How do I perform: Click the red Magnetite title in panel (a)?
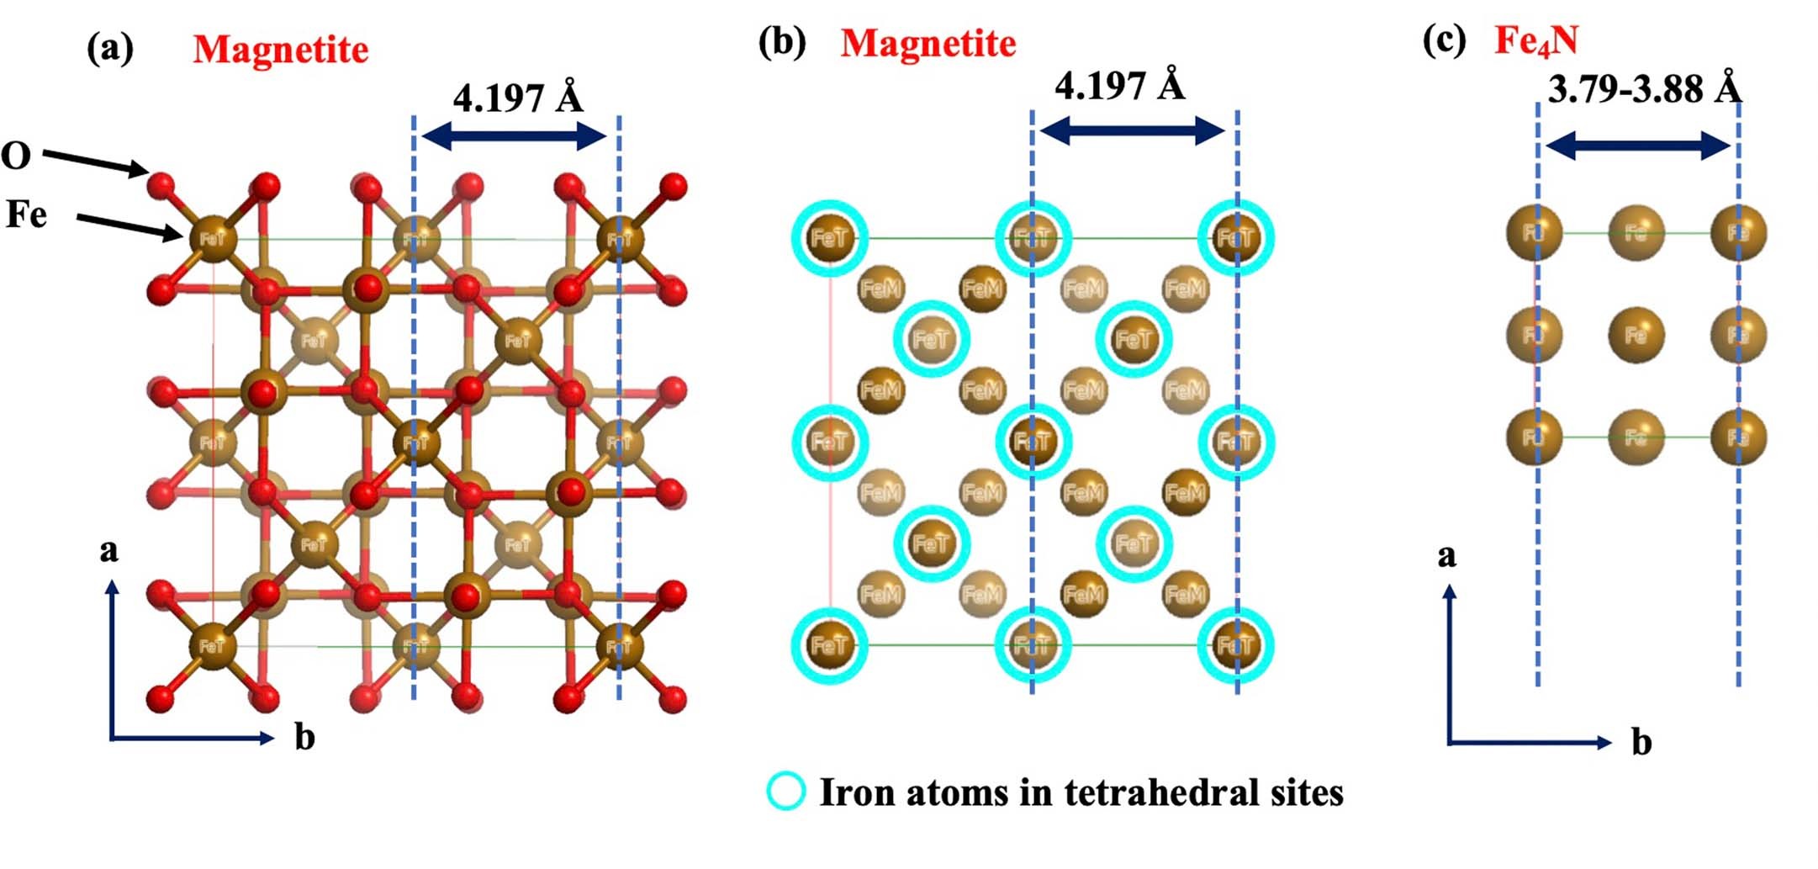281,50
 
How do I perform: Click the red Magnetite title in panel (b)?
928,43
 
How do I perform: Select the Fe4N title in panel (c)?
1536,40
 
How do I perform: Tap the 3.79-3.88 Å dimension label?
1644,89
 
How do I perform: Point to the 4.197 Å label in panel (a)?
517,98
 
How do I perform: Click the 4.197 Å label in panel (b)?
1119,86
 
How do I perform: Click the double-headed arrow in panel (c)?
1638,146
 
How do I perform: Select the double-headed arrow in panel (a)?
514,135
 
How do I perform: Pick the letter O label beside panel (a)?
16,156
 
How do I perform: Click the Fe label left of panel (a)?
26,215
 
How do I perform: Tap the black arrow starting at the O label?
95,162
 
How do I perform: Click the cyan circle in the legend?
786,792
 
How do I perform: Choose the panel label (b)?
781,42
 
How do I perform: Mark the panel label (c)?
1444,40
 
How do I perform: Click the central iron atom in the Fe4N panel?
1636,335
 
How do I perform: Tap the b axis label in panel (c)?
1641,742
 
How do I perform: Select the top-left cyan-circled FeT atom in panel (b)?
829,238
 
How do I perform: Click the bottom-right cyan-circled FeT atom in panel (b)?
1235,645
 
